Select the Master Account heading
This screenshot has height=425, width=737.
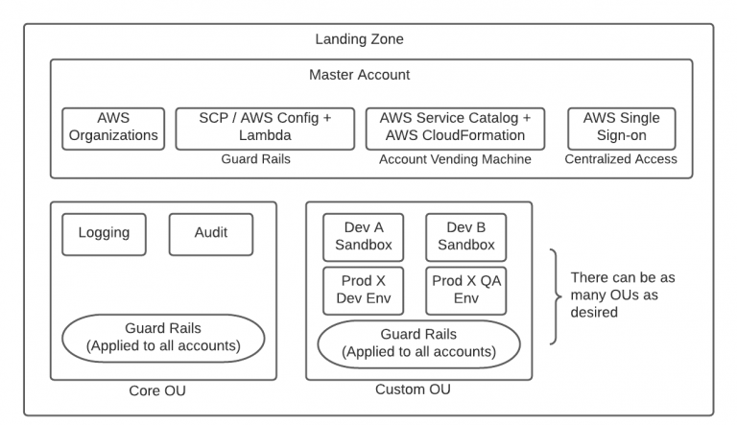[x=359, y=74]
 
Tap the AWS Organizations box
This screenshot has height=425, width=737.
[x=113, y=127]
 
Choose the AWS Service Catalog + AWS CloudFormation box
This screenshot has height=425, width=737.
[x=455, y=127]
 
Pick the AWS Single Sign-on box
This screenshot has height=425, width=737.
[x=621, y=127]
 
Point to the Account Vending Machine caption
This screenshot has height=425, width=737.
[x=455, y=159]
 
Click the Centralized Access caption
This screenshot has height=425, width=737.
[x=621, y=159]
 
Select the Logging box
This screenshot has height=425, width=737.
[x=104, y=233]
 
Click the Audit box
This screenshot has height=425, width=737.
[x=210, y=233]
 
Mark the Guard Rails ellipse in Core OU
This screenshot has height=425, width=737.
[x=163, y=338]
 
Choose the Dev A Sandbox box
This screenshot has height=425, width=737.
[x=363, y=236]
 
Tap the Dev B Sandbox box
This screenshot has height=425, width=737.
[x=465, y=236]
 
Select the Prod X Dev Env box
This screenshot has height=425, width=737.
[x=363, y=290]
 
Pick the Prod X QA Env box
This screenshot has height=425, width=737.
[x=465, y=290]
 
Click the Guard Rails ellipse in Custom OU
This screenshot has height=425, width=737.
[x=418, y=343]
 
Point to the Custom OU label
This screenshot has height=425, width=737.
[x=413, y=390]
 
